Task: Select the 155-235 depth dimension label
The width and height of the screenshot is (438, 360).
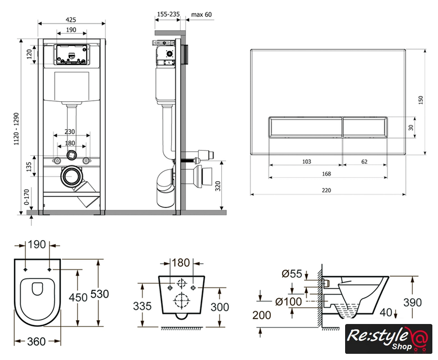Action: coord(168,15)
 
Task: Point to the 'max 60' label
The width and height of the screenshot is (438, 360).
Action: coord(202,15)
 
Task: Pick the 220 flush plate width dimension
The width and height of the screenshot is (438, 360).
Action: coord(327,190)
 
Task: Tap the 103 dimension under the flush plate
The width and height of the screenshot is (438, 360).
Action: coord(306,161)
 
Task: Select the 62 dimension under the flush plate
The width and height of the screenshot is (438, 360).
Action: coord(364,161)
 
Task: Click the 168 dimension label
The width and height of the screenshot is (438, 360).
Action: coord(327,174)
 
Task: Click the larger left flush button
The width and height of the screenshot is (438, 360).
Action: coord(305,127)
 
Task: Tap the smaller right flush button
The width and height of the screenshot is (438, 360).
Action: coord(365,127)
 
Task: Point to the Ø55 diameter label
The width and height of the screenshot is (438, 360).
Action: coord(292,274)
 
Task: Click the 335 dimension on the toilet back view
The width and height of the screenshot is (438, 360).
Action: coord(143,307)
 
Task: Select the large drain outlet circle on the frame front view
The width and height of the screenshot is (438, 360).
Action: coord(71,176)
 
